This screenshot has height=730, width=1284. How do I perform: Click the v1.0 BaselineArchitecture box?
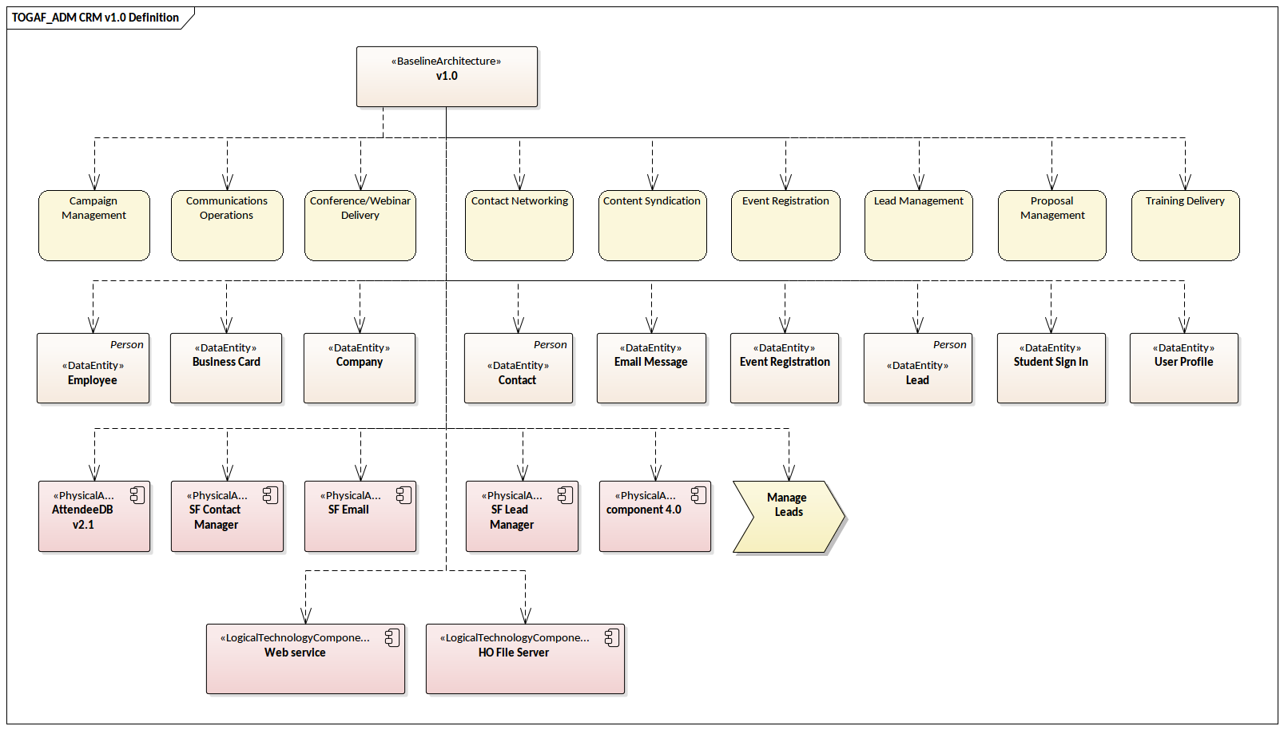click(x=447, y=77)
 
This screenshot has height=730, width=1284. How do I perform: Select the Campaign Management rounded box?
click(x=94, y=226)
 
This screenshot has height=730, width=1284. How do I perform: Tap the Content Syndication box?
click(x=652, y=226)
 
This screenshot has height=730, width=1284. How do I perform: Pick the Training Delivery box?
click(x=1185, y=226)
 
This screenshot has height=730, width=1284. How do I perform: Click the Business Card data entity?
click(x=226, y=368)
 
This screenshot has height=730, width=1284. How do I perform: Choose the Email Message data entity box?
click(x=651, y=368)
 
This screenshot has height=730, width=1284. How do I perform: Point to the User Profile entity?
click(x=1183, y=368)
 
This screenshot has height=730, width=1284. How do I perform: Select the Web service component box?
click(x=305, y=659)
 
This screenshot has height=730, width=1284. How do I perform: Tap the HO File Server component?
click(x=525, y=659)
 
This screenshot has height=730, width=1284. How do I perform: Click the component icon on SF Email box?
click(x=403, y=495)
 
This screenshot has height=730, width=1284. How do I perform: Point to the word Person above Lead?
click(x=949, y=345)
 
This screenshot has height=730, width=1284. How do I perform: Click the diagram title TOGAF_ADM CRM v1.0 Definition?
click(x=95, y=18)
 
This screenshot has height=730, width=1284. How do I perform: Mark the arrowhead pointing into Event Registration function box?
click(x=785, y=183)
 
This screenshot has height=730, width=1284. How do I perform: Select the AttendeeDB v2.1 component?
click(x=94, y=517)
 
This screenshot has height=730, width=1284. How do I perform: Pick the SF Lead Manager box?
click(x=522, y=517)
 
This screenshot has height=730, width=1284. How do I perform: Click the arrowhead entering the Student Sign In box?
click(x=1051, y=325)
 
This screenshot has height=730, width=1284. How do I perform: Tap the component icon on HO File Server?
click(x=611, y=638)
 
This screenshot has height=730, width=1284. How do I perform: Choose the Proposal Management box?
click(x=1051, y=226)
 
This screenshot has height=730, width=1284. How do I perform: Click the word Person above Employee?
click(x=126, y=345)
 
